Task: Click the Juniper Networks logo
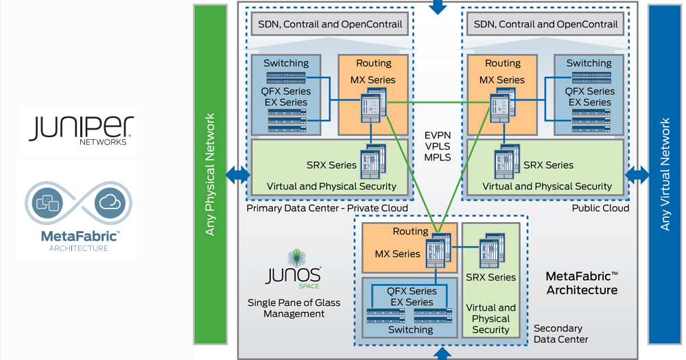77,130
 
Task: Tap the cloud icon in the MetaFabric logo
109,203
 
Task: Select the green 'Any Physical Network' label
211,174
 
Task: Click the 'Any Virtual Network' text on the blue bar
664,174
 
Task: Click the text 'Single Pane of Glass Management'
294,308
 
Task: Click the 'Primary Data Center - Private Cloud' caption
327,208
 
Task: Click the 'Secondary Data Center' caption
560,334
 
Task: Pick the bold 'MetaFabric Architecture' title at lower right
581,283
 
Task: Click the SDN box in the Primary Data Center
330,24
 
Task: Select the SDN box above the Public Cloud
545,24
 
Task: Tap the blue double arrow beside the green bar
237,174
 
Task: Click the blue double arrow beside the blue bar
637,174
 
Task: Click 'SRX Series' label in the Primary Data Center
332,165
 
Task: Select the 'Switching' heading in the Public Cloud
589,63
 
